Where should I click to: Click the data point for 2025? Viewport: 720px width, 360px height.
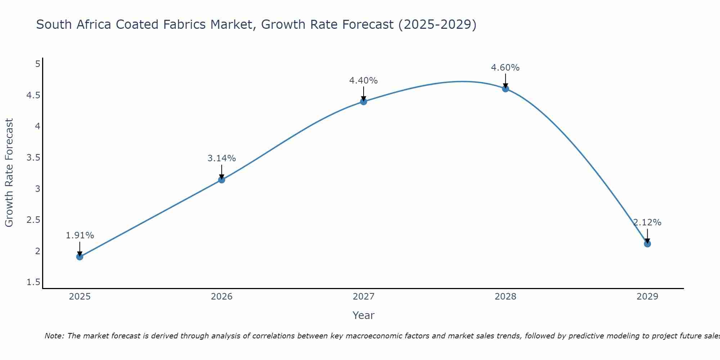pyautogui.click(x=80, y=257)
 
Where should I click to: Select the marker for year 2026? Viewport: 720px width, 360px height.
pyautogui.click(x=222, y=180)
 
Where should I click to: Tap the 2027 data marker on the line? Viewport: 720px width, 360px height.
pyautogui.click(x=364, y=102)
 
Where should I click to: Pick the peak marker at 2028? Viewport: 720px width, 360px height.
pyautogui.click(x=505, y=89)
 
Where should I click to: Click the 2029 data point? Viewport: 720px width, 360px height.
pyautogui.click(x=647, y=244)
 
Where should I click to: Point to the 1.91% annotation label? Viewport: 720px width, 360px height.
pyautogui.click(x=80, y=235)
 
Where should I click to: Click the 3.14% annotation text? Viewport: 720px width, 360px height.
pyautogui.click(x=222, y=158)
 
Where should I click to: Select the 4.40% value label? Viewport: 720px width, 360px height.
pyautogui.click(x=364, y=81)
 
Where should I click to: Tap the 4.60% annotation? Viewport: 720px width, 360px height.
pyautogui.click(x=505, y=68)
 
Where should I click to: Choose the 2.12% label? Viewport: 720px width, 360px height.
pyautogui.click(x=647, y=222)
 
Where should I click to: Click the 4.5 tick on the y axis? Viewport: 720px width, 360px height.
pyautogui.click(x=33, y=95)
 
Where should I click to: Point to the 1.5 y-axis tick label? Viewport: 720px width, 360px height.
pyautogui.click(x=33, y=282)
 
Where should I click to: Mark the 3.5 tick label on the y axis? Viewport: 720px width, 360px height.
pyautogui.click(x=33, y=158)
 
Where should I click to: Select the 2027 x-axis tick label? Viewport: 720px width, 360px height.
pyautogui.click(x=364, y=297)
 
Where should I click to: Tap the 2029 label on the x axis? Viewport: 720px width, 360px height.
pyautogui.click(x=647, y=297)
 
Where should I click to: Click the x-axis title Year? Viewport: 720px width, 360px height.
pyautogui.click(x=364, y=315)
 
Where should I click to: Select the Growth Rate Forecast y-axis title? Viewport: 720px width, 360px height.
pyautogui.click(x=9, y=173)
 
